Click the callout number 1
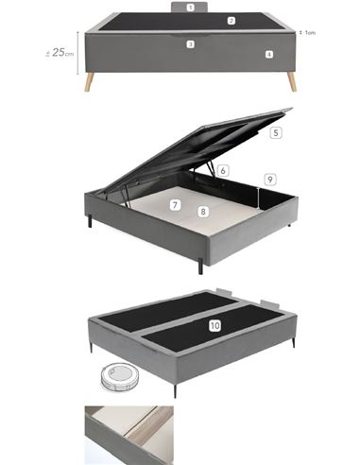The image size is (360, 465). (190, 7)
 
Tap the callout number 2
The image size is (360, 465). (231, 20)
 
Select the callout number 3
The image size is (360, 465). (190, 44)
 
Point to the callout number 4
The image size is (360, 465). (269, 55)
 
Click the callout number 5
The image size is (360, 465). (275, 133)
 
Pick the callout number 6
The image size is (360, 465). (222, 171)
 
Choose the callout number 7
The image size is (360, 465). (176, 204)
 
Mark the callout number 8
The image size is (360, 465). (203, 212)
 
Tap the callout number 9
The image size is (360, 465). (269, 179)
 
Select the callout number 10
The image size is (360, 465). (214, 325)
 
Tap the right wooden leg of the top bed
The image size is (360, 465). (291, 81)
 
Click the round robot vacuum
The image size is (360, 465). (119, 377)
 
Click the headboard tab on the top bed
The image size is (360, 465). (190, 8)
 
